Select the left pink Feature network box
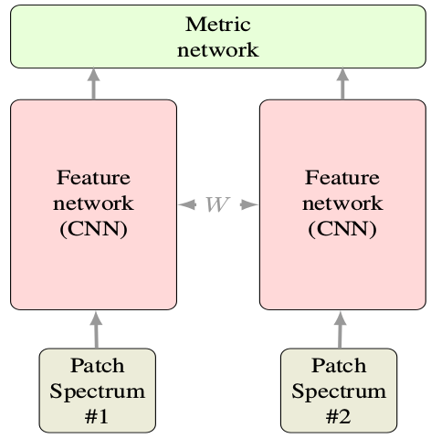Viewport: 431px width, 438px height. click(93, 204)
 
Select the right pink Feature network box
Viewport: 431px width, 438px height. click(342, 204)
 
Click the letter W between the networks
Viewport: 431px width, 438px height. click(217, 204)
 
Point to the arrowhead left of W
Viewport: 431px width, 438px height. click(186, 204)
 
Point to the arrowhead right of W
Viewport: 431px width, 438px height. click(249, 204)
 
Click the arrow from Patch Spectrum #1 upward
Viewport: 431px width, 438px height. click(94, 329)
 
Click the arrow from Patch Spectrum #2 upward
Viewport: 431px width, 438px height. click(342, 329)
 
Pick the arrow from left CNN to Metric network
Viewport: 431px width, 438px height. click(94, 84)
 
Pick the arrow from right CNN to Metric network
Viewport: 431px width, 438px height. click(342, 84)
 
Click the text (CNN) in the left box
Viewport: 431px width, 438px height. click(93, 227)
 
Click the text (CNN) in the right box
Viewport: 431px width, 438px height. click(342, 227)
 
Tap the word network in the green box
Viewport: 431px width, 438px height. click(218, 48)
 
